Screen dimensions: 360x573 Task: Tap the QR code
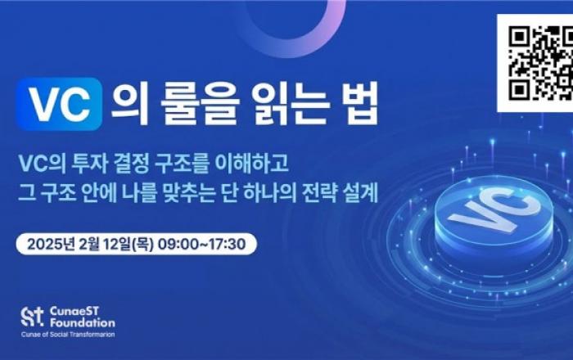coord(535,63)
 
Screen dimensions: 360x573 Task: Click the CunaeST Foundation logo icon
coord(31,317)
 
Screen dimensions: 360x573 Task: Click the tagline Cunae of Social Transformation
coord(69,336)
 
